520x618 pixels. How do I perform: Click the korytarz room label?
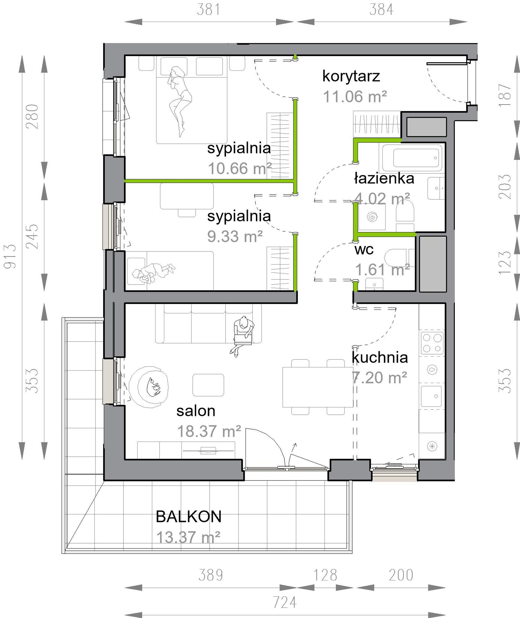[351, 77]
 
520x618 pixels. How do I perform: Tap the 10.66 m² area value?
[240, 168]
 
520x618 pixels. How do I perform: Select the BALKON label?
[188, 517]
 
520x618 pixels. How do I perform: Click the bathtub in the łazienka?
[412, 158]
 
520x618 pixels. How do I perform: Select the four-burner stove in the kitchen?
[432, 343]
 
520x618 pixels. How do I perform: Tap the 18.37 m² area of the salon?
[209, 431]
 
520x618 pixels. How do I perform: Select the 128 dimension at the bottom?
[325, 575]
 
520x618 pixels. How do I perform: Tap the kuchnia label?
[380, 357]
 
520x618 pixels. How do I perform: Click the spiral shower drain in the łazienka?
[372, 218]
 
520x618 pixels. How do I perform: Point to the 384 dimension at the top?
[382, 9]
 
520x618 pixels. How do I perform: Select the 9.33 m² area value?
[235, 236]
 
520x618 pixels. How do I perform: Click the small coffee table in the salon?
[208, 385]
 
